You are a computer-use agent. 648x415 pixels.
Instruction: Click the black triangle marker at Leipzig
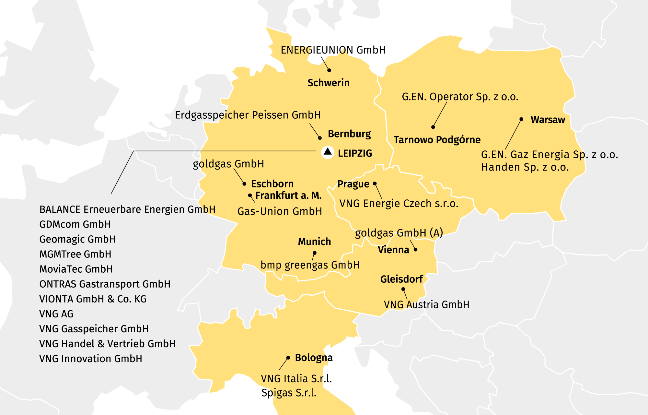click(x=328, y=152)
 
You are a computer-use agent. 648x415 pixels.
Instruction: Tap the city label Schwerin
click(x=328, y=83)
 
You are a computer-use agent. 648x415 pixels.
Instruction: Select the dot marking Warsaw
click(x=521, y=119)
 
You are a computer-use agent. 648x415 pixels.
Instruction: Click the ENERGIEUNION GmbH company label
click(x=333, y=50)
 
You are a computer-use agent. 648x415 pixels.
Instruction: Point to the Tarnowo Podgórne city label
click(x=437, y=140)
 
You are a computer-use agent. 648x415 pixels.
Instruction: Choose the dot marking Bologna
click(x=288, y=358)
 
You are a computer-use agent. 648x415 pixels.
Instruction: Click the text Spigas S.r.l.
click(x=289, y=393)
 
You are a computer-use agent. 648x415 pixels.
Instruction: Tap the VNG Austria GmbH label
click(x=426, y=305)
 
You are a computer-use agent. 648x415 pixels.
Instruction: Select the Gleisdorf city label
click(x=401, y=279)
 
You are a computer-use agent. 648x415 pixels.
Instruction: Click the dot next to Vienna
click(x=415, y=250)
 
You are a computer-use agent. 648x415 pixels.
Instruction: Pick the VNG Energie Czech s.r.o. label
click(x=399, y=204)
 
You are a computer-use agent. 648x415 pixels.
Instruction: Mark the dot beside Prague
click(x=375, y=184)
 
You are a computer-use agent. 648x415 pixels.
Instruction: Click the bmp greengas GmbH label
click(x=310, y=265)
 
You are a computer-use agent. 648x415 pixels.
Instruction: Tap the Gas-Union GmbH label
click(x=280, y=211)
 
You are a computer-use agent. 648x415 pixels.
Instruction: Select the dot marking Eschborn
click(x=244, y=184)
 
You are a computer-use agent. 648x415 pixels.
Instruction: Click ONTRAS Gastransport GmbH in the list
click(x=105, y=284)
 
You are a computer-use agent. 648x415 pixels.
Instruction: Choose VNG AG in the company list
click(x=56, y=314)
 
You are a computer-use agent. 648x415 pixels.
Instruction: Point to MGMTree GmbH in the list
click(x=75, y=254)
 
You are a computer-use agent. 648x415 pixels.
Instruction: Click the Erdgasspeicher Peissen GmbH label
click(x=248, y=115)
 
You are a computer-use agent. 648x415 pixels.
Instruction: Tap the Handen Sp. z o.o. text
click(x=525, y=167)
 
